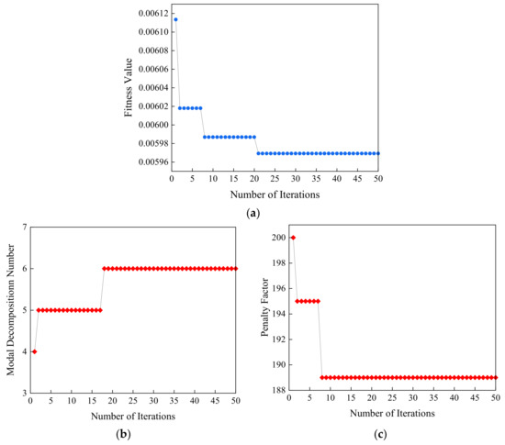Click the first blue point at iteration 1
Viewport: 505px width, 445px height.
click(175, 19)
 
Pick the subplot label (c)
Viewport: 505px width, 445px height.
click(392, 433)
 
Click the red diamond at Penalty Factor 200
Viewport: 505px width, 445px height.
click(293, 238)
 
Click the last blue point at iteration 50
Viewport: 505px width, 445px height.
click(378, 153)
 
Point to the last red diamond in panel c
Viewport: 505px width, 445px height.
click(496, 377)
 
